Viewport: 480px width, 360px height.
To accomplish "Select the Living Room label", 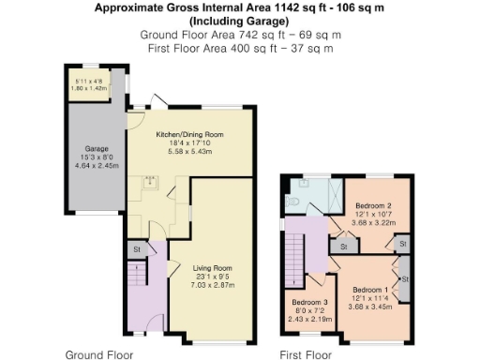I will (212, 269).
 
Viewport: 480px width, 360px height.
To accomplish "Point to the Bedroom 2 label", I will (373, 204).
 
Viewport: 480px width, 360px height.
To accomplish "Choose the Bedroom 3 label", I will (309, 302).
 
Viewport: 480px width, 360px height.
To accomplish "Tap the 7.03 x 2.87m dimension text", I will (212, 286).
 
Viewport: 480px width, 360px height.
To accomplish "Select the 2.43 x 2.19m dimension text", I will (309, 320).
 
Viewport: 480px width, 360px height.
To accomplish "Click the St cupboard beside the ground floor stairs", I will (136, 249).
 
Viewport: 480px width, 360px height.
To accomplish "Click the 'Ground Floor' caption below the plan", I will (98, 354).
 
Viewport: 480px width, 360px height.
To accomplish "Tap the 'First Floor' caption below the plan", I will (306, 354).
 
